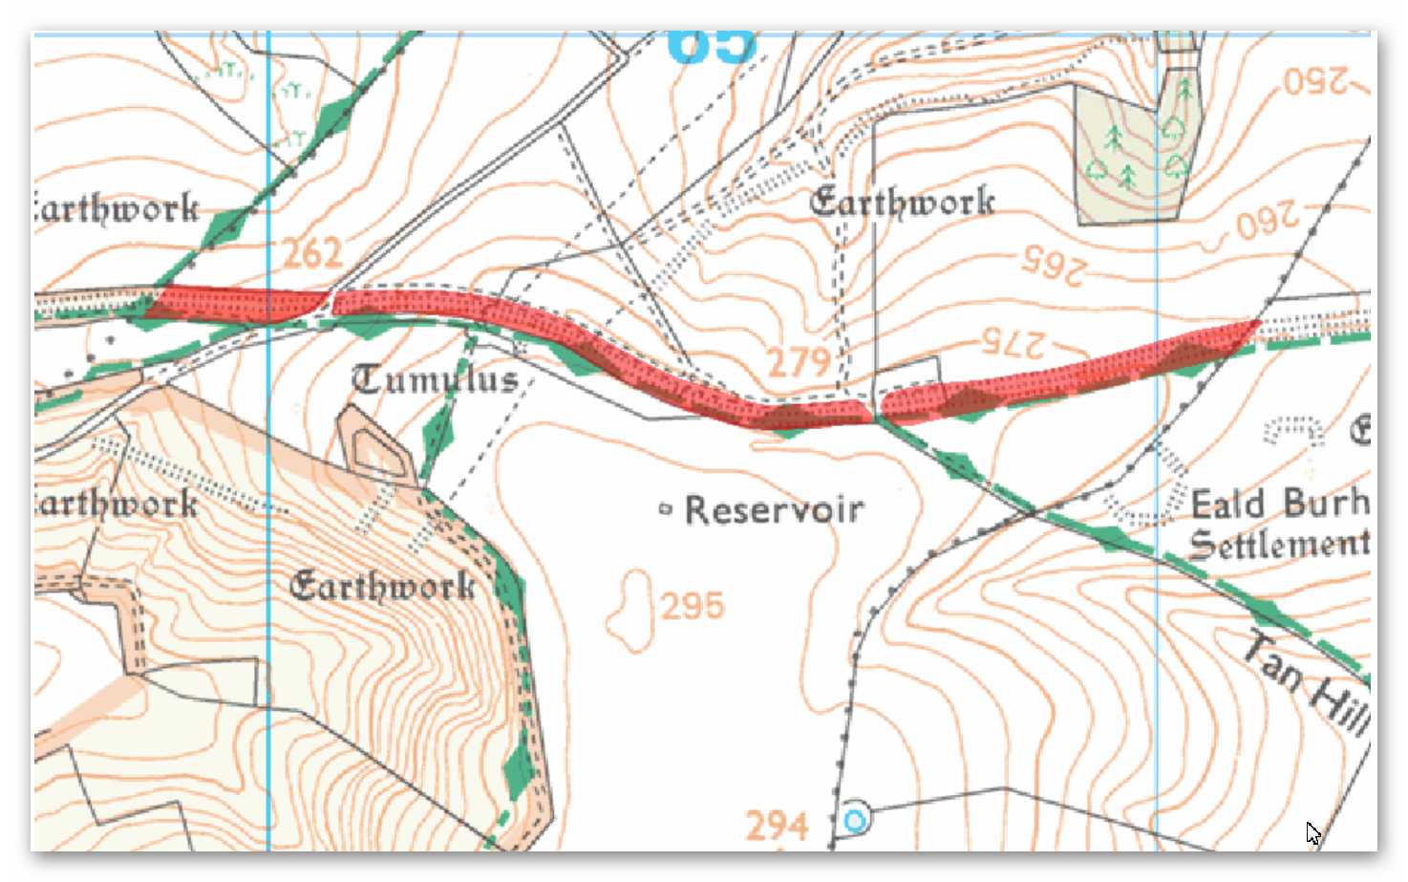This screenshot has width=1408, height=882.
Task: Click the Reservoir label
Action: tap(775, 510)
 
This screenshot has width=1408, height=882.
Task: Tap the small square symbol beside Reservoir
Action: tap(666, 509)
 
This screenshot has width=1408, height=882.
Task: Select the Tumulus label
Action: tap(436, 379)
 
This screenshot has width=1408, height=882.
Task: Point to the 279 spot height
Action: tap(799, 363)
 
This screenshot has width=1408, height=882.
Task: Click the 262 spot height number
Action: tap(312, 253)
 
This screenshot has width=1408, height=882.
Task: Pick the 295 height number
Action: tap(693, 606)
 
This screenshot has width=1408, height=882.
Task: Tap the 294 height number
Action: tap(777, 826)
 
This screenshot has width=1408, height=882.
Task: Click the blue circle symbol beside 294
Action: tap(855, 820)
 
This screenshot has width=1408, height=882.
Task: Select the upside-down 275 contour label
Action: tap(1013, 343)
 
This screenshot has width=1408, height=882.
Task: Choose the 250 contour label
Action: tap(1315, 80)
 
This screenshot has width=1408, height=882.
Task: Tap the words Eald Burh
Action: tap(1279, 503)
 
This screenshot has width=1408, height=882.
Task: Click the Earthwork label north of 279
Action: tap(902, 202)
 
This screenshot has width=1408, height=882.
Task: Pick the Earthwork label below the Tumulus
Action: tap(382, 585)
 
